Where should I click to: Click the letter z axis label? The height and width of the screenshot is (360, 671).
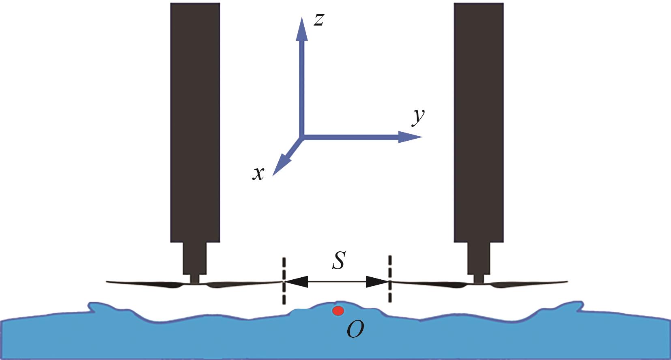point(319,19)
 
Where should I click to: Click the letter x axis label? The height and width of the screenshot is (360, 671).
point(258,174)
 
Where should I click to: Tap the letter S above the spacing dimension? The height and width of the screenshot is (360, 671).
point(338,261)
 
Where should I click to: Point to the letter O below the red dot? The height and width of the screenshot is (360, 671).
point(355,330)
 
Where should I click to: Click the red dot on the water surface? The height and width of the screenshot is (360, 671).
point(338,311)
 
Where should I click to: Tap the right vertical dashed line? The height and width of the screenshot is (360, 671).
point(390,279)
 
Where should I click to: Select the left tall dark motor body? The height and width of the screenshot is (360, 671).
point(195,122)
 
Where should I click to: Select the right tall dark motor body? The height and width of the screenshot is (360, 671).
point(479,122)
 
